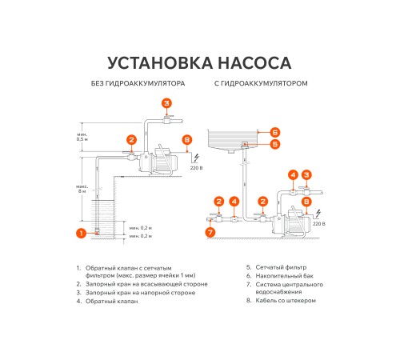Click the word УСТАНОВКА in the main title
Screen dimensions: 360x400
point(152,62)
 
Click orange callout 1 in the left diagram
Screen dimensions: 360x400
point(80,233)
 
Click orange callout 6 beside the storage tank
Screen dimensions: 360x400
point(274,132)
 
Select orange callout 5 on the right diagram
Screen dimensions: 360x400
point(274,145)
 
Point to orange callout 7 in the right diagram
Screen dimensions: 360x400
point(210,232)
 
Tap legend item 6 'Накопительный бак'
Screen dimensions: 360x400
point(280,275)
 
